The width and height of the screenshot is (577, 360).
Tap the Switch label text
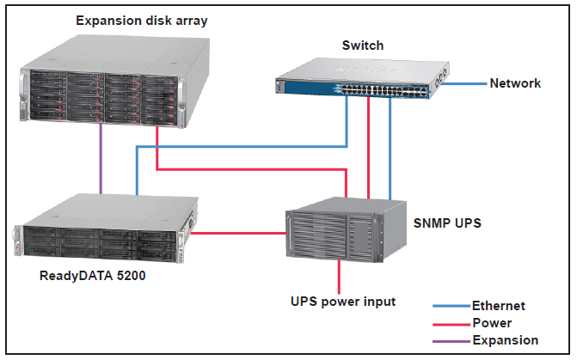[363, 46]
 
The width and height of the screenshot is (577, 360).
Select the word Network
[515, 83]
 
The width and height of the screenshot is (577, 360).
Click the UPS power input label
[342, 302]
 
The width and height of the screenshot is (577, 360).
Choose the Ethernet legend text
[499, 306]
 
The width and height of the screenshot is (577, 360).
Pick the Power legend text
[492, 323]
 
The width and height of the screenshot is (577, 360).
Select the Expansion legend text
[506, 340]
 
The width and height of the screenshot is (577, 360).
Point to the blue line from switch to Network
[468, 84]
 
